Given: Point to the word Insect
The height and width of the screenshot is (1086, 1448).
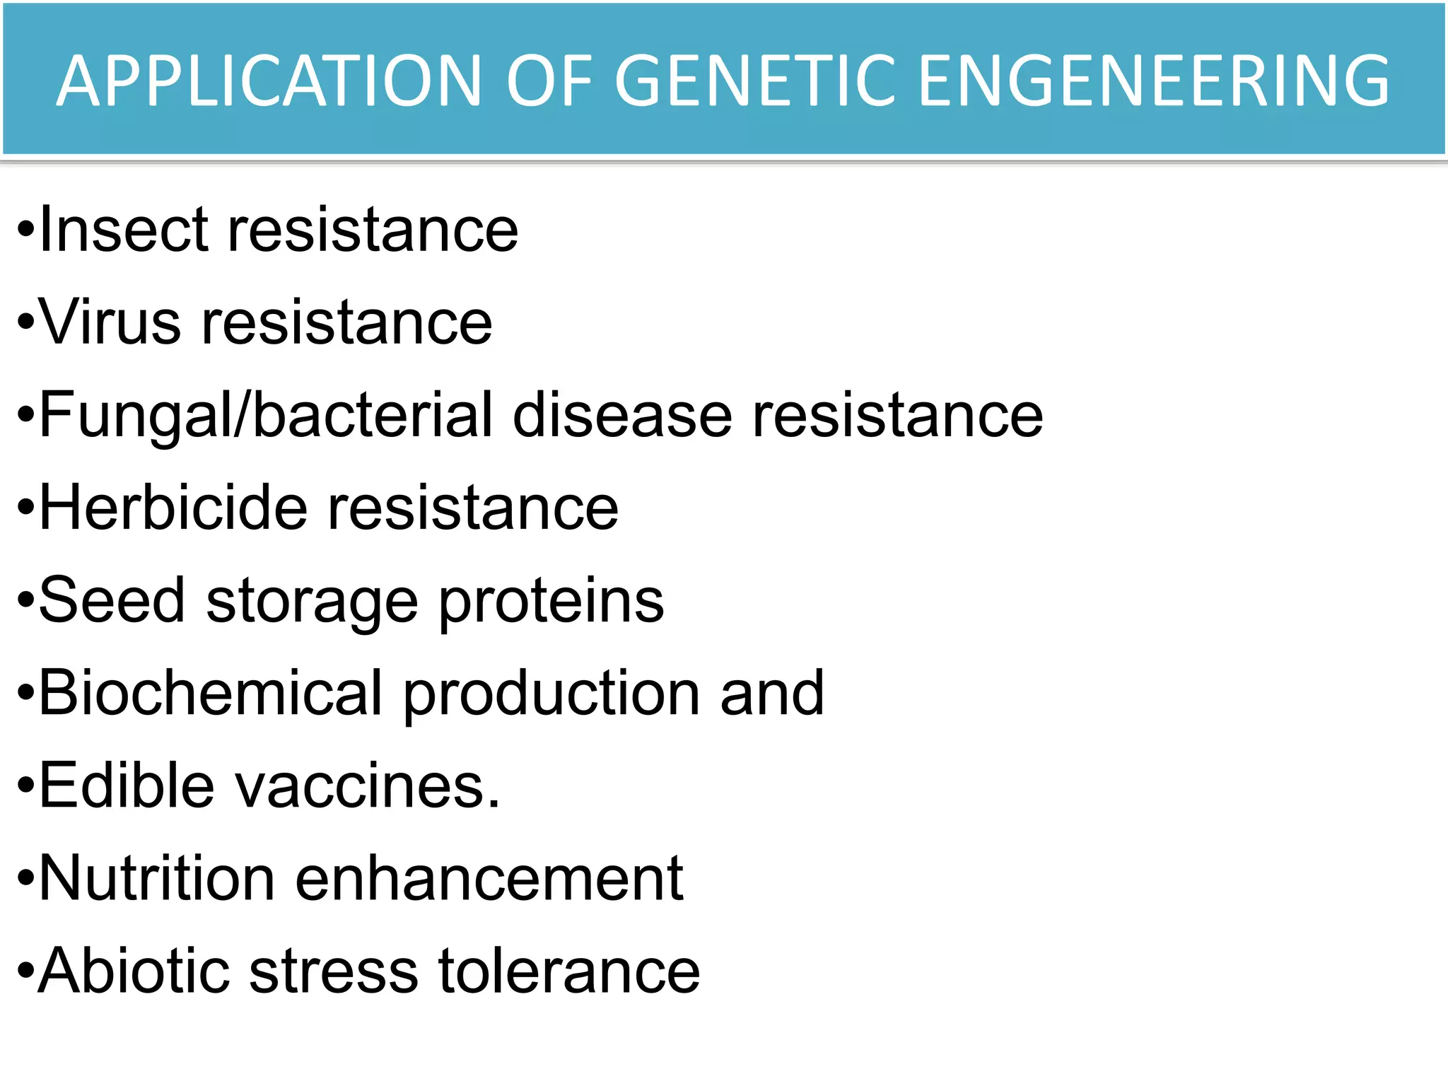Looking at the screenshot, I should tap(124, 230).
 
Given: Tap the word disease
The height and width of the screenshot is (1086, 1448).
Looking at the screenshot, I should tap(622, 416).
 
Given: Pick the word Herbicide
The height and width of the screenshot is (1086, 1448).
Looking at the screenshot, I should tap(173, 508).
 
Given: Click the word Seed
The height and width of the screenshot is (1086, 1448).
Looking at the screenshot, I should tap(112, 600).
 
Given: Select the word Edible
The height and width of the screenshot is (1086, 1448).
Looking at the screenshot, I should tap(127, 786).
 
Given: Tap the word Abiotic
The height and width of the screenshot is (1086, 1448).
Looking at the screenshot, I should tap(134, 971).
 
